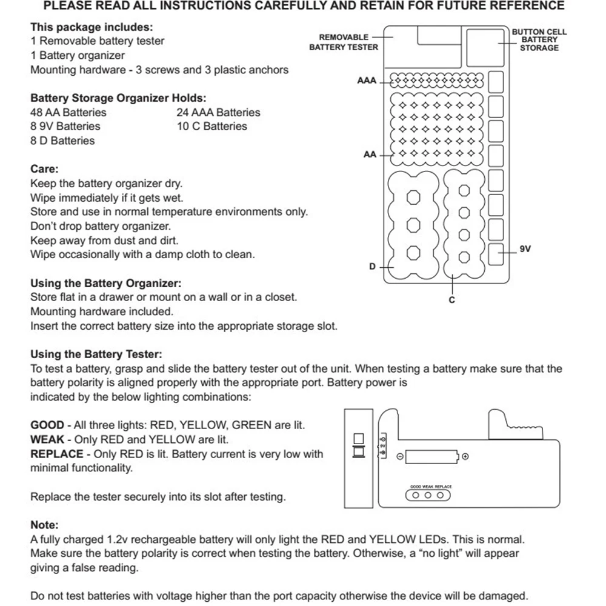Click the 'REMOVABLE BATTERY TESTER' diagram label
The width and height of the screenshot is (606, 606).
click(x=344, y=42)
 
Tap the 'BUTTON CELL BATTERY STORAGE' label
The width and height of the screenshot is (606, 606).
click(x=539, y=39)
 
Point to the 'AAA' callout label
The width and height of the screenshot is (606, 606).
click(x=367, y=81)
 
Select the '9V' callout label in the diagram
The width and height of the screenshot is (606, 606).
click(x=525, y=248)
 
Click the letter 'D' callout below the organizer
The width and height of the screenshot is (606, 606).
click(x=373, y=267)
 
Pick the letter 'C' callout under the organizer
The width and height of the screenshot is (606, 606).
click(x=452, y=300)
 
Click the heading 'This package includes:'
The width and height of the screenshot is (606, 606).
click(x=92, y=27)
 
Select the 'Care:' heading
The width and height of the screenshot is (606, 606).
click(x=44, y=169)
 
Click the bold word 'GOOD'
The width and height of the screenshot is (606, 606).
click(x=47, y=425)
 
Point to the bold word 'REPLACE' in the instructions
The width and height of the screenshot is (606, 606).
click(x=56, y=454)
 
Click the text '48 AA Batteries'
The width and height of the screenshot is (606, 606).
click(x=68, y=112)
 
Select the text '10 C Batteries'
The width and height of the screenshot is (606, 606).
click(x=212, y=126)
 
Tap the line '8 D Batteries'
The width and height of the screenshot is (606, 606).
click(x=62, y=141)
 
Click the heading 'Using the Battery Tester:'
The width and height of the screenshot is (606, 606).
click(x=96, y=354)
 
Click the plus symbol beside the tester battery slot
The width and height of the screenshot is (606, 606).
click(x=465, y=457)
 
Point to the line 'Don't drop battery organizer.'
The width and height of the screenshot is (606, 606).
click(x=101, y=226)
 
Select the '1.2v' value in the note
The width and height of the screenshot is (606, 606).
click(x=118, y=539)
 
